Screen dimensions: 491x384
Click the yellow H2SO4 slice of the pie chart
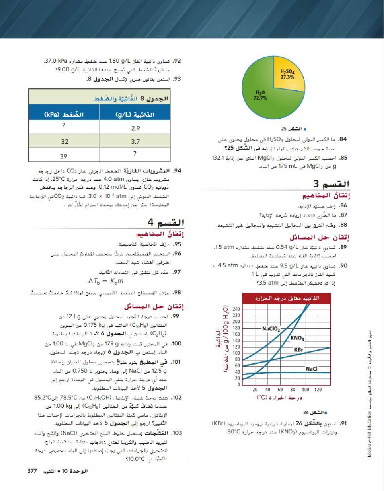point(288,74)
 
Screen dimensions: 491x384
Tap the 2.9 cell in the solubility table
point(135,127)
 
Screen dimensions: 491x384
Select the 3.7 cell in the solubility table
point(135,142)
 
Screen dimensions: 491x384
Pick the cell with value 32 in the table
point(64,142)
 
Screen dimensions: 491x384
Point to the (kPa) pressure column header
point(64,114)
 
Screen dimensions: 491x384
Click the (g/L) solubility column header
point(135,114)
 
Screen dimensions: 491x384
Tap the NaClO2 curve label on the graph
point(271,329)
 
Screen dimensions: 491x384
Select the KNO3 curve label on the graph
point(297,338)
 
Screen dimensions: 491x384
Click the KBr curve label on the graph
point(298,350)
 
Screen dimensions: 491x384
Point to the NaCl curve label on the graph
point(311,369)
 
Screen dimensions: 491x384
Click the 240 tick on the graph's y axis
point(236,309)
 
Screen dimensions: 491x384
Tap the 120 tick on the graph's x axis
point(318,389)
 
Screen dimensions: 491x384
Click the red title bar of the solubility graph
point(287,298)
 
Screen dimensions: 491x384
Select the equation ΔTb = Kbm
point(106,281)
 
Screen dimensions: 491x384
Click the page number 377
point(32,471)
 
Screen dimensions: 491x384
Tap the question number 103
point(177,433)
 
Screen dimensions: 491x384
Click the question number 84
point(343,139)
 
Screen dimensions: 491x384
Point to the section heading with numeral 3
point(331,184)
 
